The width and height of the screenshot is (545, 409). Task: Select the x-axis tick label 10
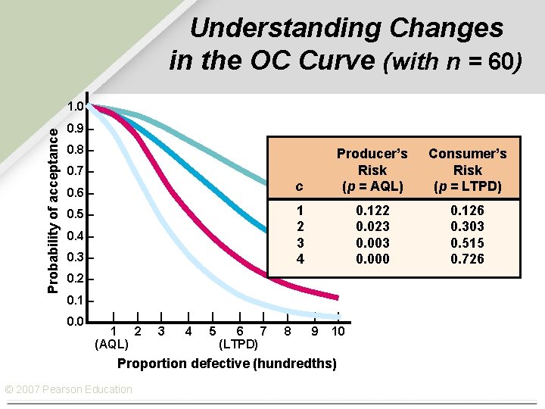point(338,331)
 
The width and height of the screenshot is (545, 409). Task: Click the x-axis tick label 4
point(188,331)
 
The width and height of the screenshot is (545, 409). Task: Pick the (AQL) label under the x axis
point(111,345)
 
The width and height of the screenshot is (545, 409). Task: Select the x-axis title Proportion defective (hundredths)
point(227,364)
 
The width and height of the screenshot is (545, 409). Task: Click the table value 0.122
point(372,210)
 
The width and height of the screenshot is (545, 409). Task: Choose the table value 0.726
point(467,260)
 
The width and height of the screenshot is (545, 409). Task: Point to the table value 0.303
point(467,226)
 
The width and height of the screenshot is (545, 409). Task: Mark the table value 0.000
point(372,260)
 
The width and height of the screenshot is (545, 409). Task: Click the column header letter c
point(300,186)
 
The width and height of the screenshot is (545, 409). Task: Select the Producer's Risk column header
point(372,170)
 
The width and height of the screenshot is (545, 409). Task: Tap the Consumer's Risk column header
point(467,170)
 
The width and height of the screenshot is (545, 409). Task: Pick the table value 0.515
point(467,243)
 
